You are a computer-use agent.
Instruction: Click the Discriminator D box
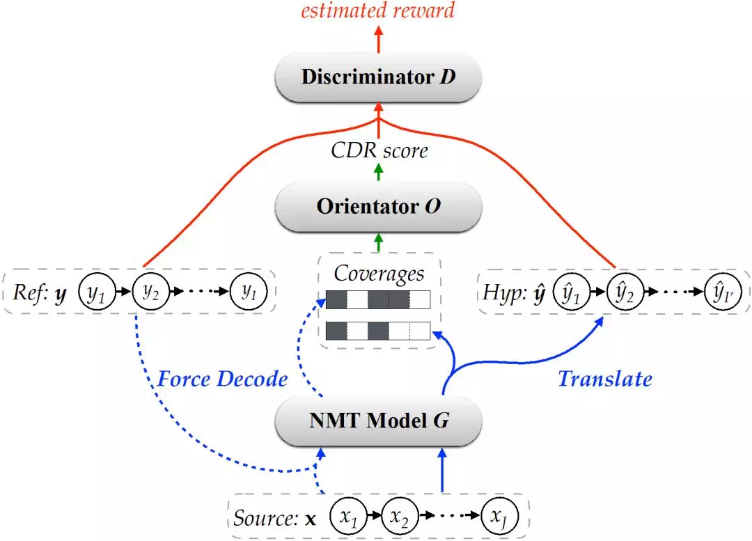pos(378,77)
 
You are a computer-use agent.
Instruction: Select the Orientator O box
pos(378,207)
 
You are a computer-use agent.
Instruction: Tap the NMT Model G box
pos(378,421)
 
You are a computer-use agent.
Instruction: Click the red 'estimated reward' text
pos(378,10)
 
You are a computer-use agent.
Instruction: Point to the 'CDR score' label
pos(379,150)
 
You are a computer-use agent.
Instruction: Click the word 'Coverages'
pos(379,274)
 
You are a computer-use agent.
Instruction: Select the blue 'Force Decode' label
pos(223,379)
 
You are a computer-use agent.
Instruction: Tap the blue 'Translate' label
pos(605,379)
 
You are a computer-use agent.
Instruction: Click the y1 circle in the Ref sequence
pos(97,292)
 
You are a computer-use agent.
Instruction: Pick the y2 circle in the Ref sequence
pos(151,292)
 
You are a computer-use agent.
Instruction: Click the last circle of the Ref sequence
pos(249,292)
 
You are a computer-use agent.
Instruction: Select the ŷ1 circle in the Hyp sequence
pos(571,292)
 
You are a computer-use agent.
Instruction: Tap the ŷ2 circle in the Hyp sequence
pos(625,292)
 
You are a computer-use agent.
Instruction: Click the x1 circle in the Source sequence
pos(349,516)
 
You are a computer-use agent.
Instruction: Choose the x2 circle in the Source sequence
pos(400,516)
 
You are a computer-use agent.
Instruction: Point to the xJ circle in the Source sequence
pos(500,516)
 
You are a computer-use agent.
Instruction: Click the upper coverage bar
pos(378,300)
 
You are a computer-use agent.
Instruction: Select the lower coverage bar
pos(378,331)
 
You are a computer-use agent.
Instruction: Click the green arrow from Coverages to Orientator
pos(378,243)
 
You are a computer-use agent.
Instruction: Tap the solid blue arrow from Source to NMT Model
pos(442,470)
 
